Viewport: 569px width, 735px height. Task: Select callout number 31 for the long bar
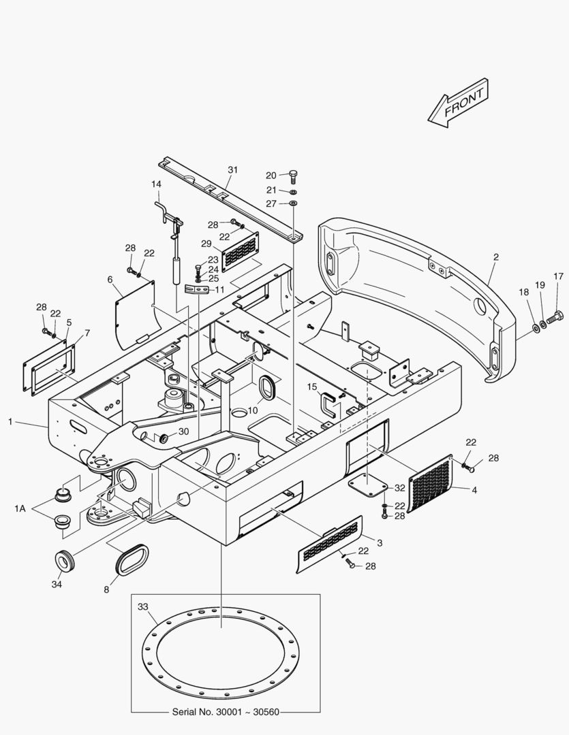click(x=233, y=169)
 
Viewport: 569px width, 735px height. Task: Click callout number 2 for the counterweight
click(x=496, y=257)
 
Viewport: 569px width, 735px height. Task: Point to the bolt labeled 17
click(x=554, y=316)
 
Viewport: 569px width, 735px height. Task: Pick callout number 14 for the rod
click(x=156, y=184)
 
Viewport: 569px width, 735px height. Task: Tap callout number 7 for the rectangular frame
click(x=87, y=333)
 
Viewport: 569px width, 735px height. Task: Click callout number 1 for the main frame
click(x=10, y=422)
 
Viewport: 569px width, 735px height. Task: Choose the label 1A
click(x=20, y=508)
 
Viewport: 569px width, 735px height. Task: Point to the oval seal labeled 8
click(x=131, y=557)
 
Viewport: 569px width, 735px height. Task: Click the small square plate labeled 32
click(x=367, y=485)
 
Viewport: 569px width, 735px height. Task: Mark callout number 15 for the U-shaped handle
click(x=312, y=387)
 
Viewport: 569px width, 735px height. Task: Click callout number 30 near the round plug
click(x=183, y=431)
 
